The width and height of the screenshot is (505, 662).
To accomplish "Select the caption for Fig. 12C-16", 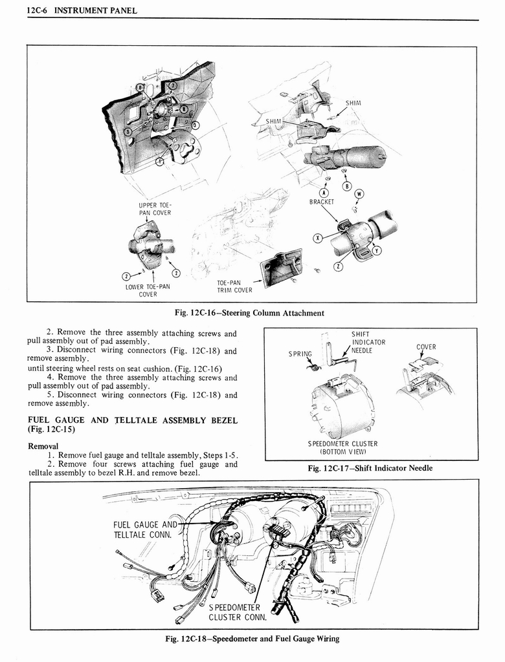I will point(249,313).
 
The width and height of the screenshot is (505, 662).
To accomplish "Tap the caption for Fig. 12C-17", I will point(370,468).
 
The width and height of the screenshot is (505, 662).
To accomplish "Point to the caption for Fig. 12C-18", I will point(252,639).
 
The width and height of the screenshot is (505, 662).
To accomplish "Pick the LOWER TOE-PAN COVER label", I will point(148,290).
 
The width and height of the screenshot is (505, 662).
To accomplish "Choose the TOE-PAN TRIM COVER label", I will point(234,286).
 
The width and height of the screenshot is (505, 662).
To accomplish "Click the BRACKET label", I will point(322,202).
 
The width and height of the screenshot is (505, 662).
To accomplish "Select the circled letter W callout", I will point(359,193).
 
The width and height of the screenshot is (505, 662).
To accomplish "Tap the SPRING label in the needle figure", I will point(300,354).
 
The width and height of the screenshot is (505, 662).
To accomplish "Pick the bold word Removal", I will point(43,445).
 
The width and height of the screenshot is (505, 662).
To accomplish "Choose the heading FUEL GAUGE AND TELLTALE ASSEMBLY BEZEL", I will point(132,424).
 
